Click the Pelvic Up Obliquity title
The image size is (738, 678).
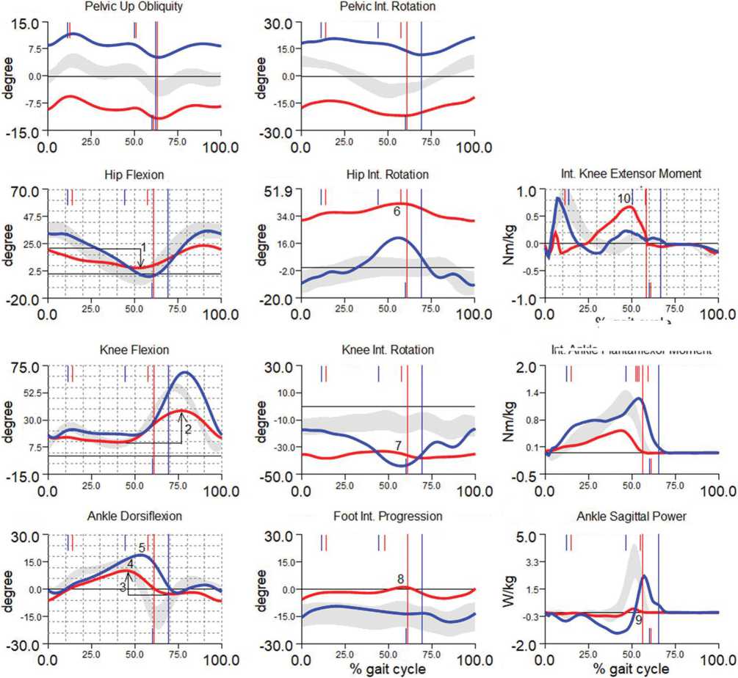click(x=134, y=7)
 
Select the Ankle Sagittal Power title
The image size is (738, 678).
click(x=631, y=517)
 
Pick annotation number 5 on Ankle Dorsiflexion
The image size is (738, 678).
click(x=142, y=547)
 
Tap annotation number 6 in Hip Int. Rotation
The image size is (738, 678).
click(x=397, y=211)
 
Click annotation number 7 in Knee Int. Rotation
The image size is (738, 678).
click(x=397, y=445)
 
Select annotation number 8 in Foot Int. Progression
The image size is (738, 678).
click(x=400, y=579)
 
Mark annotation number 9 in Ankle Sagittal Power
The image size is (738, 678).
click(x=639, y=620)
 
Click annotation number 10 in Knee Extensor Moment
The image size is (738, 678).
click(x=623, y=199)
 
